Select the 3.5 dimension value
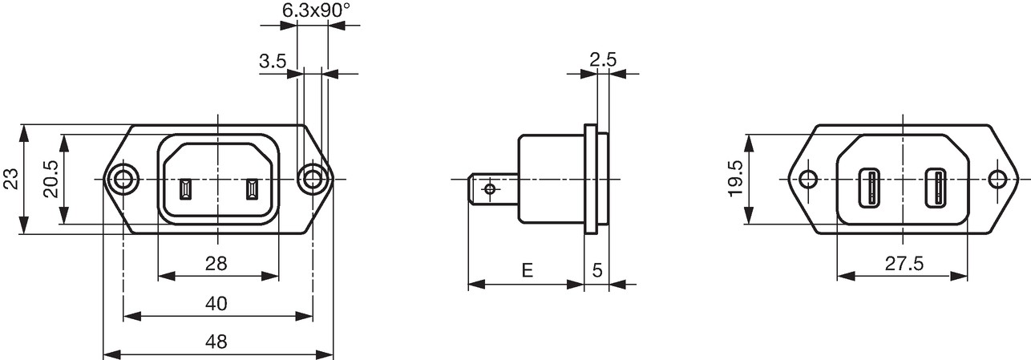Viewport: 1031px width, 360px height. click(x=273, y=61)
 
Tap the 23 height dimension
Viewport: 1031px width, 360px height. click(x=10, y=179)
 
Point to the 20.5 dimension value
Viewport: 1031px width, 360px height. click(x=51, y=179)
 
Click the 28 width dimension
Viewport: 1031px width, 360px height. click(x=216, y=264)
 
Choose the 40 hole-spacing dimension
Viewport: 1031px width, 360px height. click(x=216, y=304)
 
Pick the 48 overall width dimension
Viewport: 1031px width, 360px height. click(x=216, y=342)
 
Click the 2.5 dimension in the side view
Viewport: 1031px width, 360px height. click(x=603, y=60)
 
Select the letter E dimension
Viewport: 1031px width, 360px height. click(x=528, y=269)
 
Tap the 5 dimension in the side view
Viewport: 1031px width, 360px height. click(x=597, y=270)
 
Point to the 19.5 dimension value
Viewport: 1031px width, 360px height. click(x=736, y=179)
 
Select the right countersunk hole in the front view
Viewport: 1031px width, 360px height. click(x=313, y=179)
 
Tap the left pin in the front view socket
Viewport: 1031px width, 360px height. click(x=185, y=189)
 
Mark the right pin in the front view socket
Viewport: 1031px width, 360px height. click(x=251, y=189)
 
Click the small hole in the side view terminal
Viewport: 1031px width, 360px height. click(x=490, y=188)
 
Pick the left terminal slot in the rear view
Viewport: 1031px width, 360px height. click(x=869, y=188)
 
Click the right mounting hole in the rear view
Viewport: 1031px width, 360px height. click(x=998, y=179)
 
